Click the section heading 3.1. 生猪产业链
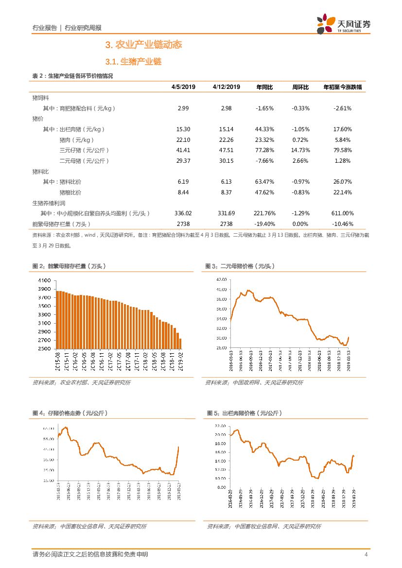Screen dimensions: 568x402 pos(133,62)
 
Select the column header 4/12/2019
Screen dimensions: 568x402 pos(226,87)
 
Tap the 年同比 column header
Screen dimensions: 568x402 pos(264,87)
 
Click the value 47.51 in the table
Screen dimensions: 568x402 pos(226,150)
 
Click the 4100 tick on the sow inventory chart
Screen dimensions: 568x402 pos(44,280)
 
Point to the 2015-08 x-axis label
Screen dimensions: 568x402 pos(58,362)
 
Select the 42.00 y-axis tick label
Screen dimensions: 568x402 pos(222,279)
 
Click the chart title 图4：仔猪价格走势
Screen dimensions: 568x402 pos(70,413)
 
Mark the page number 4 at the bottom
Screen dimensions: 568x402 pos(366,554)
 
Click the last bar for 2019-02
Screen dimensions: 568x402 pos(180,344)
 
